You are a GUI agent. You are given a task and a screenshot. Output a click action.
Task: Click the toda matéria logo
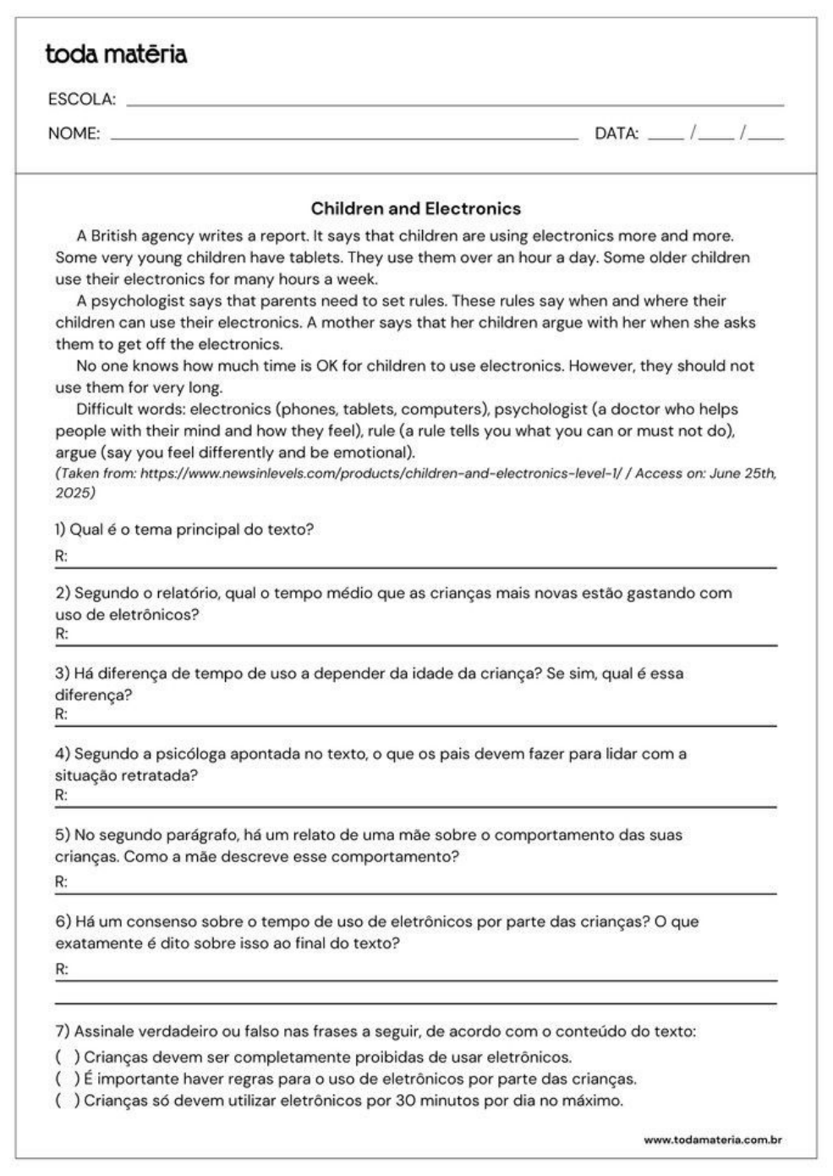(116, 55)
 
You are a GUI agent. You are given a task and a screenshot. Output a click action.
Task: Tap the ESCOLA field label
(81, 100)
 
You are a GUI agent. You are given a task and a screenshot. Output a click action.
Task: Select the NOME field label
(74, 134)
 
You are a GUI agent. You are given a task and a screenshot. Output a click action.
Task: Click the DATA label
(617, 134)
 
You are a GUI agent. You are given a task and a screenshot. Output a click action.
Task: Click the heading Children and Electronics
(415, 208)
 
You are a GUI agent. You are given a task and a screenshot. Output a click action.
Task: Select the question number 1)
(61, 530)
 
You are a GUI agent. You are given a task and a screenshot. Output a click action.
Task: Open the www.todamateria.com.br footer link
(712, 1140)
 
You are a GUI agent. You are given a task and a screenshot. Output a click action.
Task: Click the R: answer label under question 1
(61, 557)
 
